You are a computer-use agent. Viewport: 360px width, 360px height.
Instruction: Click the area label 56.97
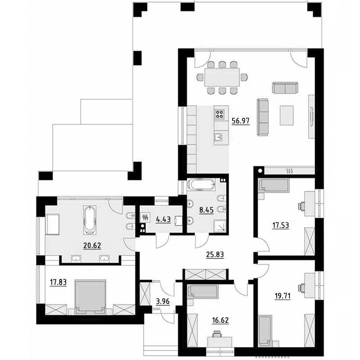(x=240, y=121)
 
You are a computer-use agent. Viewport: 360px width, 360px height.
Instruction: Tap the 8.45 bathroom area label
(x=206, y=210)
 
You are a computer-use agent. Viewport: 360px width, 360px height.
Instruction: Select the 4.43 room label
(x=163, y=220)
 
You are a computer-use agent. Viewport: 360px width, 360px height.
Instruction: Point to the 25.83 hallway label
(x=215, y=255)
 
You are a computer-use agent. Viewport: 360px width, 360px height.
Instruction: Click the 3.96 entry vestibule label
(x=162, y=301)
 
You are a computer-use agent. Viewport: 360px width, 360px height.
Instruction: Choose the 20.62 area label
(x=92, y=246)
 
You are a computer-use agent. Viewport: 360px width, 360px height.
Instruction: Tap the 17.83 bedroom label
(x=58, y=283)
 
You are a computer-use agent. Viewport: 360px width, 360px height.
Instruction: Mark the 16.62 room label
(x=220, y=320)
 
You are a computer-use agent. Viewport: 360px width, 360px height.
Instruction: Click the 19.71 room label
(x=283, y=296)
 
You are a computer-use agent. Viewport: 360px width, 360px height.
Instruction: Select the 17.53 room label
(x=280, y=225)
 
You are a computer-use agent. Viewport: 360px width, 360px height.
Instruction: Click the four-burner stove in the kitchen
(x=219, y=114)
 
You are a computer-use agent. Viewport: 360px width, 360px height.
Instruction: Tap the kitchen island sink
(x=219, y=137)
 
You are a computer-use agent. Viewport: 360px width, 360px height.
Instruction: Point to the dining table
(x=222, y=77)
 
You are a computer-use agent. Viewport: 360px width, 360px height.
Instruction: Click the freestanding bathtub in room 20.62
(x=89, y=220)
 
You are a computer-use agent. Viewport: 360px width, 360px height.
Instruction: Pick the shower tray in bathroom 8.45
(x=220, y=226)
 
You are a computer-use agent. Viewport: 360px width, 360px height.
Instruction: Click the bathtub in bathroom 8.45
(x=201, y=185)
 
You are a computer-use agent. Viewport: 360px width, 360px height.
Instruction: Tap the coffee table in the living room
(x=287, y=115)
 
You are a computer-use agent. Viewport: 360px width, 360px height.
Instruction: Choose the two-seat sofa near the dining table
(x=285, y=88)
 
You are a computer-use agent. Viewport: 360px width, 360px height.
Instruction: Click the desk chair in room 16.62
(x=217, y=334)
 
